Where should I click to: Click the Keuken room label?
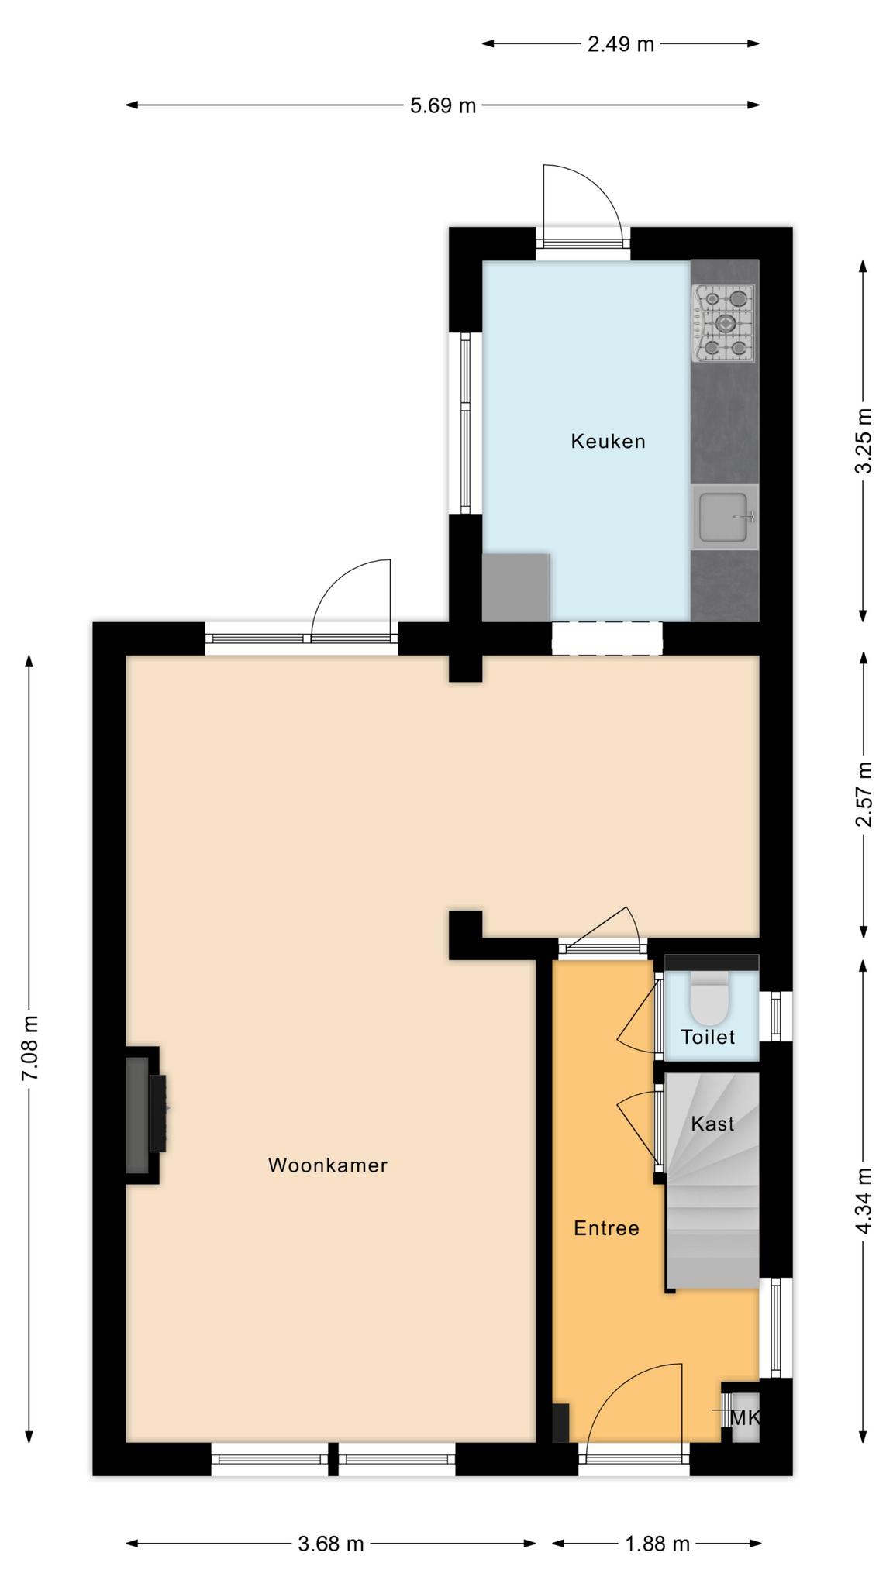pos(608,441)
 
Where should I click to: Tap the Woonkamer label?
pos(328,1165)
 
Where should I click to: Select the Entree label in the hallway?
pos(606,1228)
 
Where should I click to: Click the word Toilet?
pos(708,1037)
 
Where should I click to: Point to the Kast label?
pos(712,1123)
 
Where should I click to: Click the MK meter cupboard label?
pos(745,1418)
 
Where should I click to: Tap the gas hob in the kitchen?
pos(724,323)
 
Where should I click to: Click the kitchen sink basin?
pos(724,517)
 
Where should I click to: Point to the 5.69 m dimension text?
pos(443,105)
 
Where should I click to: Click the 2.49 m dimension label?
pos(621,44)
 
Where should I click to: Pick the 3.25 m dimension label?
pos(864,440)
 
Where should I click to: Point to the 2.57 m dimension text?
pos(864,794)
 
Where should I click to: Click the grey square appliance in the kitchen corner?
pos(516,587)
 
